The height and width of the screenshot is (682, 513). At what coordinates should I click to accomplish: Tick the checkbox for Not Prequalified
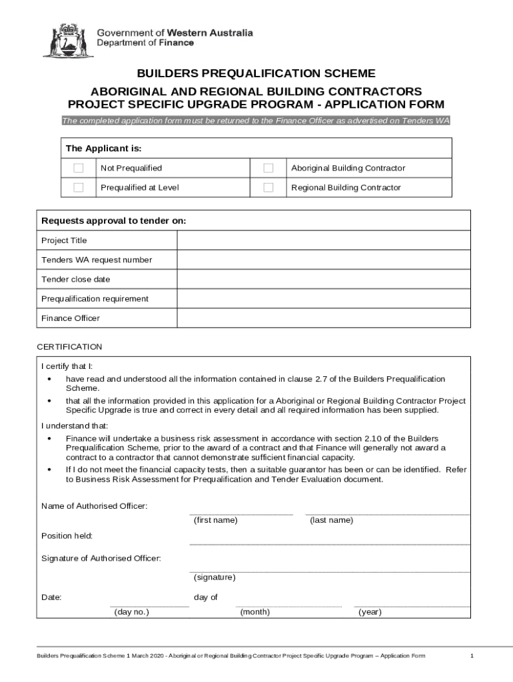79,168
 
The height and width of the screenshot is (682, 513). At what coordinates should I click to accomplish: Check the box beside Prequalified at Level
79,188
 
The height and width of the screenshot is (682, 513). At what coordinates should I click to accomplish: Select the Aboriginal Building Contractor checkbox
268,168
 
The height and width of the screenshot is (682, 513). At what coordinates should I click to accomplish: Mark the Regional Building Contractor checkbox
268,188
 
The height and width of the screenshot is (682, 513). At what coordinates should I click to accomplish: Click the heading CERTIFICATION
69,346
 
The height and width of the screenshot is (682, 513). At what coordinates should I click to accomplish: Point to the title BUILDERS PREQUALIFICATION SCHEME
256,73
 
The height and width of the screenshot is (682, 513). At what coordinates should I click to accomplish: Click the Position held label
67,535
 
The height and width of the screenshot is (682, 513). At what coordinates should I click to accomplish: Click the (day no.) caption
131,612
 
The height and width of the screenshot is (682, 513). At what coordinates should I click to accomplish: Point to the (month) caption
255,612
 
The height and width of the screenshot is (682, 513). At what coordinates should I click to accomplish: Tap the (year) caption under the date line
370,612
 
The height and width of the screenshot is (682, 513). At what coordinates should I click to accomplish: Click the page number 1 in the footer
472,656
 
